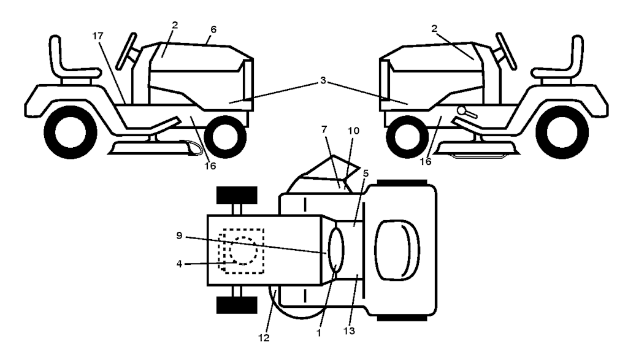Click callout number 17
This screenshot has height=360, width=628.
click(x=98, y=36)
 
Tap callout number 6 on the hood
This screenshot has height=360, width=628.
click(x=213, y=29)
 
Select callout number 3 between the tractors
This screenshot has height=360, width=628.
click(x=323, y=81)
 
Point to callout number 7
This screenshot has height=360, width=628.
click(x=324, y=129)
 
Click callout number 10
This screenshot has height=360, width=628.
click(x=354, y=131)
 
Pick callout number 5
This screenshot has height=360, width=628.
click(x=366, y=174)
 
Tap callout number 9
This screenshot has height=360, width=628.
click(x=179, y=236)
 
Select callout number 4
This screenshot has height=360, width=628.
click(x=179, y=264)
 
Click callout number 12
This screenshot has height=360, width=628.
click(x=264, y=338)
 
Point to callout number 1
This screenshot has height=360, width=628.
click(x=319, y=333)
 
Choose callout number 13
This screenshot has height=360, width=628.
click(x=349, y=331)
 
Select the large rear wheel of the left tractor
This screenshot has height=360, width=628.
click(x=71, y=132)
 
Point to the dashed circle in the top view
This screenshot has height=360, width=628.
click(x=243, y=251)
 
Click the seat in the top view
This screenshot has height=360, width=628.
click(x=397, y=249)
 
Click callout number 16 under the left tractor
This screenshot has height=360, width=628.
click(x=210, y=166)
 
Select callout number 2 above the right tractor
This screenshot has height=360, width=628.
click(x=434, y=28)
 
